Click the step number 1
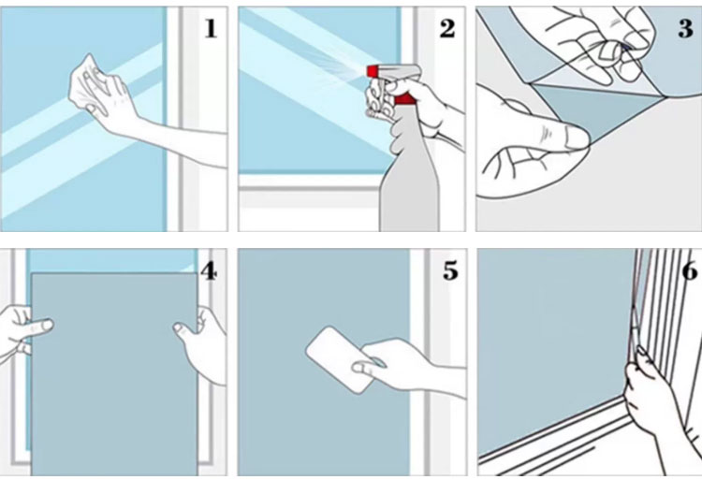click(211, 28)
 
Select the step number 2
click(447, 28)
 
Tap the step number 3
click(685, 28)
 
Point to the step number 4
click(209, 270)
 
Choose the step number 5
click(450, 270)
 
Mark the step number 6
click(690, 270)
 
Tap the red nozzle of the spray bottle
click(373, 71)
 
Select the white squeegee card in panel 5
click(341, 359)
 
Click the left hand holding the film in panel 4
click(22, 331)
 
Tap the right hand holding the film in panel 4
click(204, 342)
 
